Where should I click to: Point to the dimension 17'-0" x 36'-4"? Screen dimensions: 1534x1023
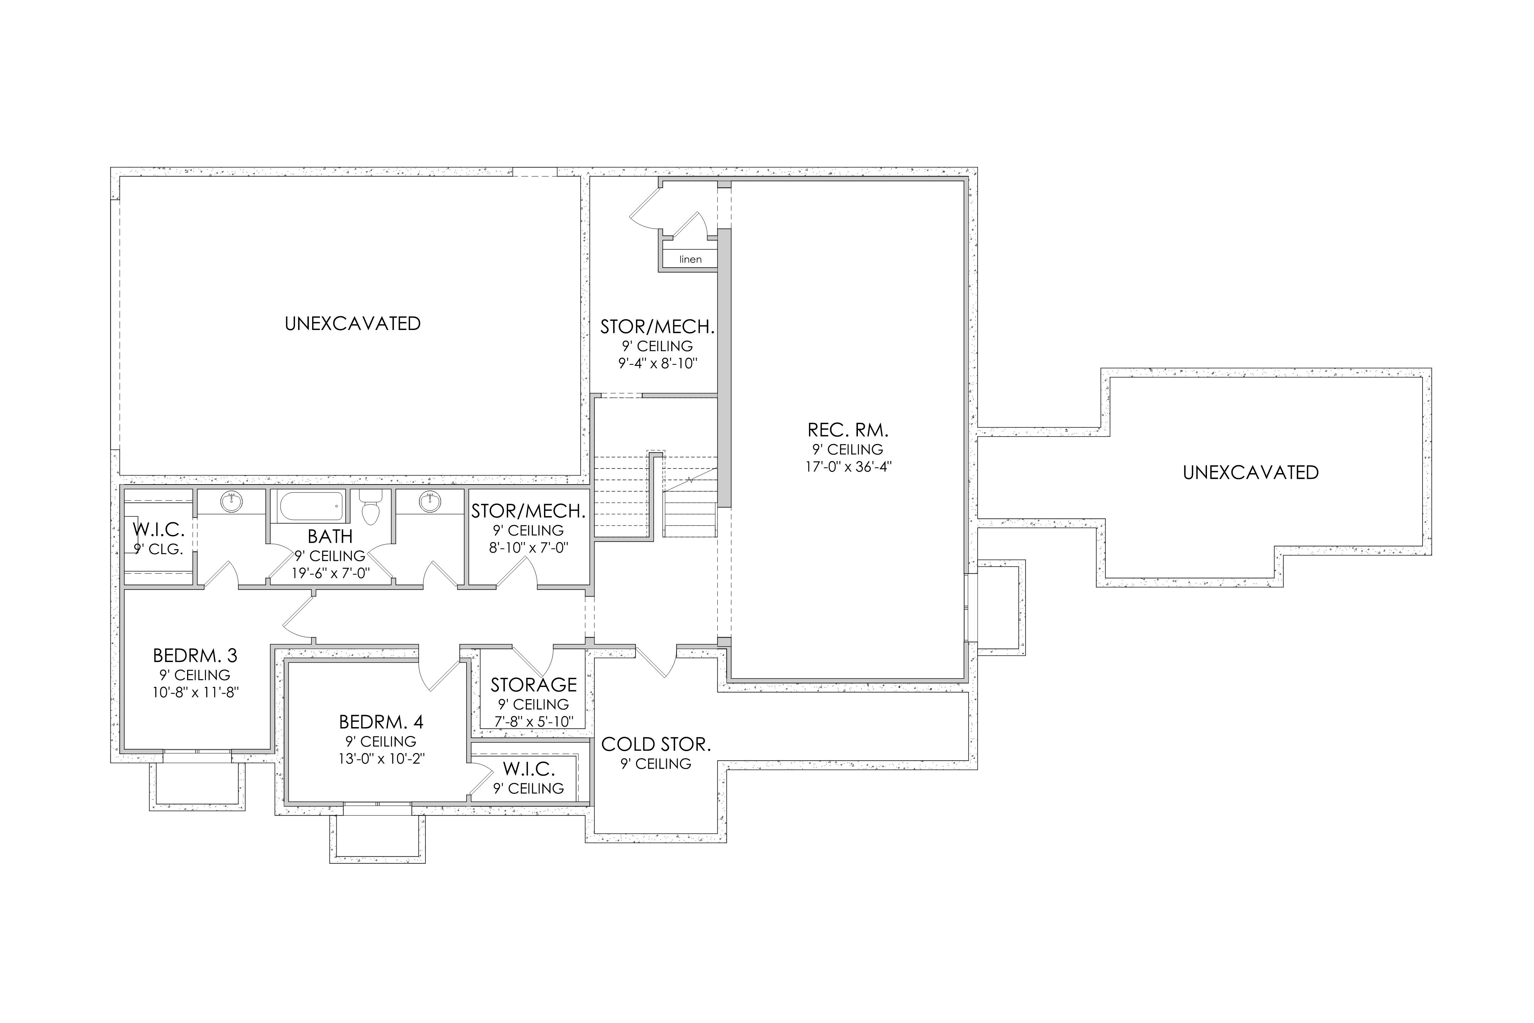click(x=848, y=467)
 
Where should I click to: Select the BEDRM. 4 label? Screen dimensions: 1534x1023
click(x=381, y=722)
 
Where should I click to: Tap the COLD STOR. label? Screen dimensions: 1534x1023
click(x=656, y=745)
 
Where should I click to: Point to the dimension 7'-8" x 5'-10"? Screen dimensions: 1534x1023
click(x=533, y=721)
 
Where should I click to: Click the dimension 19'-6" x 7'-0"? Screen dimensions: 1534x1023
click(x=331, y=573)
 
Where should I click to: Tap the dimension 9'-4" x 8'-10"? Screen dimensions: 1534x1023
click(x=658, y=363)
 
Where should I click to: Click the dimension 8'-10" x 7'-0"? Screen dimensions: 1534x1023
click(x=529, y=548)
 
